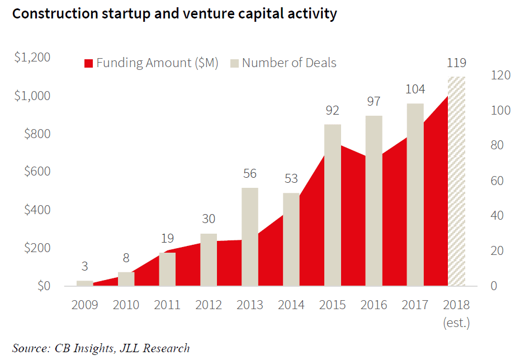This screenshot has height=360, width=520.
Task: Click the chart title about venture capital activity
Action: [174, 13]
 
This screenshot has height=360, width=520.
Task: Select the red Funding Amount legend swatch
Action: [88, 63]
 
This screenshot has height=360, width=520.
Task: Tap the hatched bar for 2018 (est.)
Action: [457, 182]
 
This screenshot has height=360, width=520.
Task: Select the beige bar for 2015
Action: [333, 205]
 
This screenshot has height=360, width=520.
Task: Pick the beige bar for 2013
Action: [250, 237]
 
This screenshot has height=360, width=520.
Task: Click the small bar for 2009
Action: [84, 283]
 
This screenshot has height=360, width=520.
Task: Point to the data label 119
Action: [456, 63]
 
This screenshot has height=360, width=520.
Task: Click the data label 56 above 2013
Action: [249, 174]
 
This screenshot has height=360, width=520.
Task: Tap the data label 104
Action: [415, 89]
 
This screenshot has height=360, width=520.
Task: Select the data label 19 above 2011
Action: [167, 239]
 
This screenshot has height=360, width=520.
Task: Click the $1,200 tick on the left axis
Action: [32, 58]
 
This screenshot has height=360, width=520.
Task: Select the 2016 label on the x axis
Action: [374, 305]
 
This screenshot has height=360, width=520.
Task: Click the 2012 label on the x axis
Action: [209, 305]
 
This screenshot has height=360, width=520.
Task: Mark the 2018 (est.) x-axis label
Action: [456, 313]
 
